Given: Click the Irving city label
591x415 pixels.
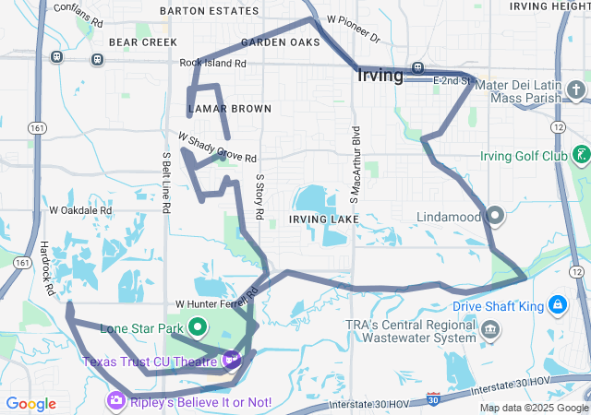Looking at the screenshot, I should tap(380, 77).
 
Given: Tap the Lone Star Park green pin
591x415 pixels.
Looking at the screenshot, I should tap(198, 326).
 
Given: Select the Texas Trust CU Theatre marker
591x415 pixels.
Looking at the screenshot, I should tap(231, 359).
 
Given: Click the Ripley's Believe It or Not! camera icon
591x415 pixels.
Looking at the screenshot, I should tap(115, 401).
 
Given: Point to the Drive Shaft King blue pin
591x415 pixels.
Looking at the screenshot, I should tap(558, 304).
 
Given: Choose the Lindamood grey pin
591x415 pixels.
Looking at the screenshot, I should tap(495, 216).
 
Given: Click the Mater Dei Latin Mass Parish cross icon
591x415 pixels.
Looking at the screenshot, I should tap(577, 89).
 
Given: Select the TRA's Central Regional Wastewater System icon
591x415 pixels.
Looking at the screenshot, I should tap(491, 329).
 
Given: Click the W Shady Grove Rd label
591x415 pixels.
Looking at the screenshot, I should tap(217, 149).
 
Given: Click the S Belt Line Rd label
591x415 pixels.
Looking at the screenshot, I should tap(166, 183).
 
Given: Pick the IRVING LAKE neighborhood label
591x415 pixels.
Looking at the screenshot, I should tap(320, 219).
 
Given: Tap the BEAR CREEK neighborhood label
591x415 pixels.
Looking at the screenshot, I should tap(142, 42).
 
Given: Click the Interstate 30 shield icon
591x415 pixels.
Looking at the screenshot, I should tap(434, 398).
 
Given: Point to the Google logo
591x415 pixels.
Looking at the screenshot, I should tap(30, 403).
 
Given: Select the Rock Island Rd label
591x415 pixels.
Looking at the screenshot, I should tap(213, 64).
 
